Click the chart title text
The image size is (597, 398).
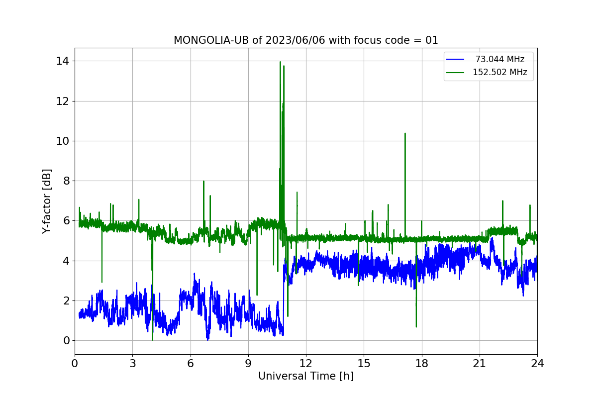(305, 40)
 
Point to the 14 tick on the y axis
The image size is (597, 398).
(62, 61)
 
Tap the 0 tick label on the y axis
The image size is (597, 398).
(66, 340)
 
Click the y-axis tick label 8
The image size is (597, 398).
(66, 181)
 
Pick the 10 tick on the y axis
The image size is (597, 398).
(62, 141)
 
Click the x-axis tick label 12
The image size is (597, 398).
(305, 363)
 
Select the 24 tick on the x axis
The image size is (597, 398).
(537, 363)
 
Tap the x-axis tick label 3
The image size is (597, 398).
(133, 363)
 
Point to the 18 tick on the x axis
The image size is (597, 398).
(422, 363)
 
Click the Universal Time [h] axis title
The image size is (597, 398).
(305, 376)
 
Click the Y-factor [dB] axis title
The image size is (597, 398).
(46, 201)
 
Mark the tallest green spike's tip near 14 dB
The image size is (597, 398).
(280, 62)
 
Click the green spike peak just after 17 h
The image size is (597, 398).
(405, 133)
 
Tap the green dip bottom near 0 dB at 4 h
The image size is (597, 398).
(152, 340)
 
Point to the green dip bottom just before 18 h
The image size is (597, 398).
(416, 326)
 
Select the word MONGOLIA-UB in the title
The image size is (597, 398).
(211, 40)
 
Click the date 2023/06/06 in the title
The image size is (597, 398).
(296, 40)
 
